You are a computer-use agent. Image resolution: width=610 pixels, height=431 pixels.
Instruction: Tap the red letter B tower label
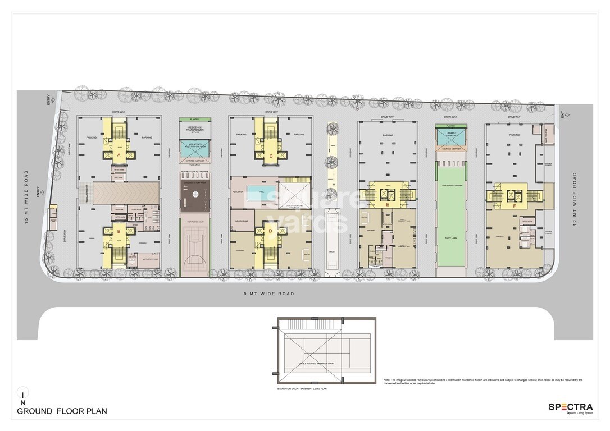[119, 230]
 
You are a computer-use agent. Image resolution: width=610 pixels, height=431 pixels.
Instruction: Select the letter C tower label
[271, 155]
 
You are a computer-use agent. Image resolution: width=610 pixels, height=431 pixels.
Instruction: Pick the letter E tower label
[388, 205]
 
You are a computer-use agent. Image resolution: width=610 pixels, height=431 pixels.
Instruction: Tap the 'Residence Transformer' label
[194, 129]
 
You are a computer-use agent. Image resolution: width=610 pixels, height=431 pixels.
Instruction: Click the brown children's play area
[194, 195]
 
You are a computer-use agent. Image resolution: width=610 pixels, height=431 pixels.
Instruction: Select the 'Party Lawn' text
[450, 238]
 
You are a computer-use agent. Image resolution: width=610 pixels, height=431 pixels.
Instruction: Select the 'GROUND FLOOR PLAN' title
[62, 411]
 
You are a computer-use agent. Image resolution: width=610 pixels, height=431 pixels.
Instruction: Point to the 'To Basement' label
[87, 194]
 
